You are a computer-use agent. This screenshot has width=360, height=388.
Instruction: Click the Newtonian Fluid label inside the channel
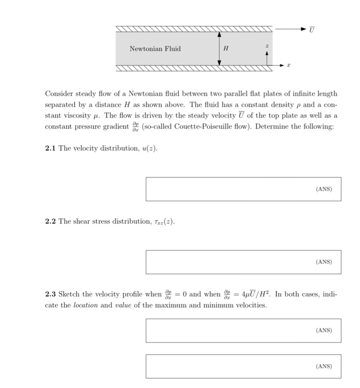155,49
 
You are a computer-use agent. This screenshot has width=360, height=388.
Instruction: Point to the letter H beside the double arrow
226,48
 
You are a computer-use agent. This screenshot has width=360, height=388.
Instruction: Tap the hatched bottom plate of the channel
194,68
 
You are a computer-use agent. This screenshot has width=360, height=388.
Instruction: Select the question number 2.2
51,221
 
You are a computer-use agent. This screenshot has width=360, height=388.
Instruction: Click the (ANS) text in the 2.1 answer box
323,189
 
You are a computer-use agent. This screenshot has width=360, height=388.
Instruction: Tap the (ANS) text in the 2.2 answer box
323,262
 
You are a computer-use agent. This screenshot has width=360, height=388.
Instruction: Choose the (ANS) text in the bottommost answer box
323,366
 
